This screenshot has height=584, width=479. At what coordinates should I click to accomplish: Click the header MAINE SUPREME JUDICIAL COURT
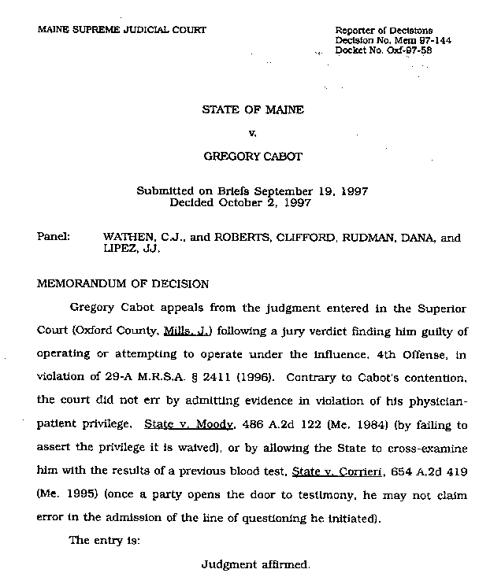pos(121,30)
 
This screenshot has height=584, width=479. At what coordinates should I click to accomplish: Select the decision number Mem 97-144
pos(405,39)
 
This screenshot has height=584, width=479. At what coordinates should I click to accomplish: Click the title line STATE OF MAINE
pos(253,110)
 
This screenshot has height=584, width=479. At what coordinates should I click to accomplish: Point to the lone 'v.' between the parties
pos(253,133)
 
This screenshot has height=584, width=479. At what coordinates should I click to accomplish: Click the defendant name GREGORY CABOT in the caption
pos(253,156)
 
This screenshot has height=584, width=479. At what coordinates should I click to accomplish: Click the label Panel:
pos(54,236)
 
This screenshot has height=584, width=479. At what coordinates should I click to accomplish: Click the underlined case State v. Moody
pos(189,424)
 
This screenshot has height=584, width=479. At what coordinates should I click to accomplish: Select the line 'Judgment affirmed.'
pos(256,564)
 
